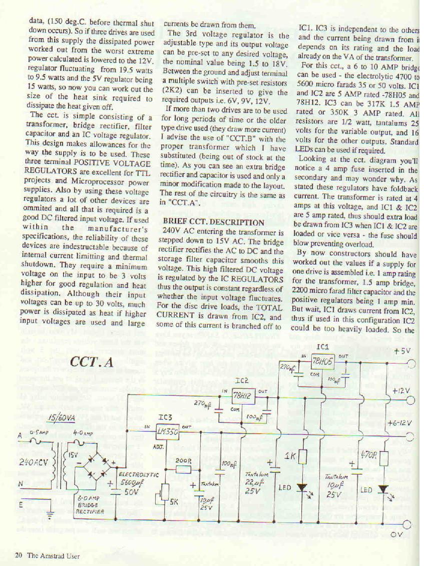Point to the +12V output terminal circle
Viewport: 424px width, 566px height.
411,400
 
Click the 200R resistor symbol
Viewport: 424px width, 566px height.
183,469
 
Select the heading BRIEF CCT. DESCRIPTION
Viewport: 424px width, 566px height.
214,222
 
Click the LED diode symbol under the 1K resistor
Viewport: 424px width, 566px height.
302,487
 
